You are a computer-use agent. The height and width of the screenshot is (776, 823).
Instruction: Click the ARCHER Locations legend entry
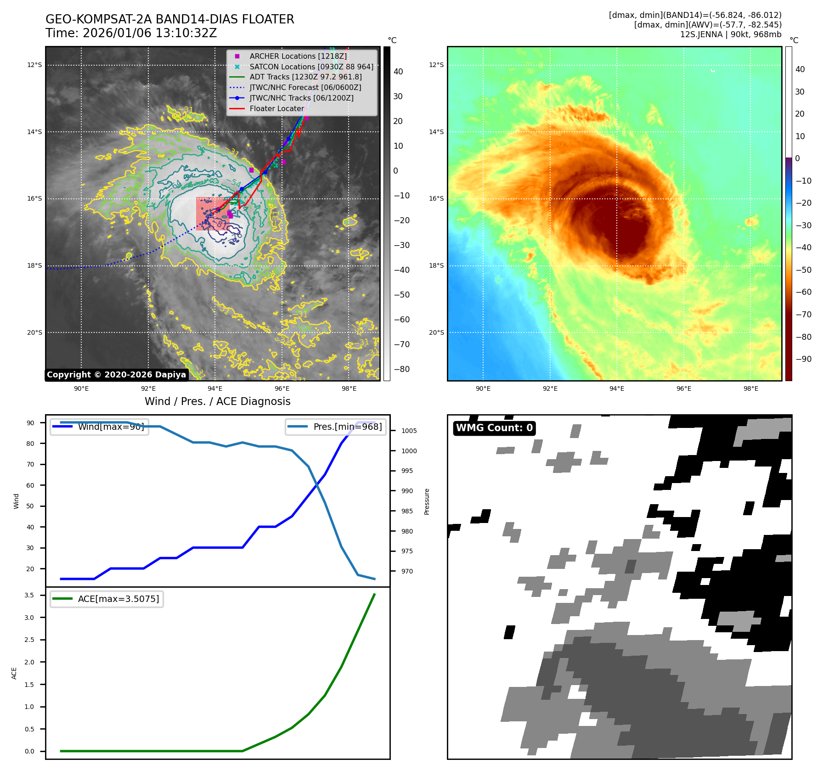(298, 56)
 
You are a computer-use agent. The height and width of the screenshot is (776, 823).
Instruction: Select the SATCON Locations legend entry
(311, 67)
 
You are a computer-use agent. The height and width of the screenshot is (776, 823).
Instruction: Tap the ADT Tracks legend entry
(305, 77)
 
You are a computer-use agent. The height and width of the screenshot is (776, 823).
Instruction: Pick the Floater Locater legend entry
(276, 109)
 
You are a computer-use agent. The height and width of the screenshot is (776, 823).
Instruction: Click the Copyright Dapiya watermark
(116, 375)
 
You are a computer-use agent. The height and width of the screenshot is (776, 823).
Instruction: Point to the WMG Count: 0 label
(494, 428)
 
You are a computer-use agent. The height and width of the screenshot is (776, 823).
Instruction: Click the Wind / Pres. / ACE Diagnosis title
(218, 401)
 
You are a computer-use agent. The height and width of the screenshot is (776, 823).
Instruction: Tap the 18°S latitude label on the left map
(34, 265)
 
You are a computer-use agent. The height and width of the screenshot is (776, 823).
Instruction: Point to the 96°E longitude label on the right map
(683, 388)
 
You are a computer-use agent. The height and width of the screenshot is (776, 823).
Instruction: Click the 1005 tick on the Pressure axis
(409, 431)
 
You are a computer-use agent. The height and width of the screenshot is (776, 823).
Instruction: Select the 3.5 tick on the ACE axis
(29, 595)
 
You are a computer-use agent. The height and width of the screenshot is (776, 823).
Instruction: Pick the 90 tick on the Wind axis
(30, 423)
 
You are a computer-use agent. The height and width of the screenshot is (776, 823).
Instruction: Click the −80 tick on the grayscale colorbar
(401, 369)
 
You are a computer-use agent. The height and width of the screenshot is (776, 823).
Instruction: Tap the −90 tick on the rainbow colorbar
(803, 359)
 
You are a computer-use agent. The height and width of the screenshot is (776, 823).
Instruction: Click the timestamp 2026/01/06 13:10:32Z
(150, 34)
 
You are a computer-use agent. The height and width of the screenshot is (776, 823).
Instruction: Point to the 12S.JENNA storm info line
(730, 34)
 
